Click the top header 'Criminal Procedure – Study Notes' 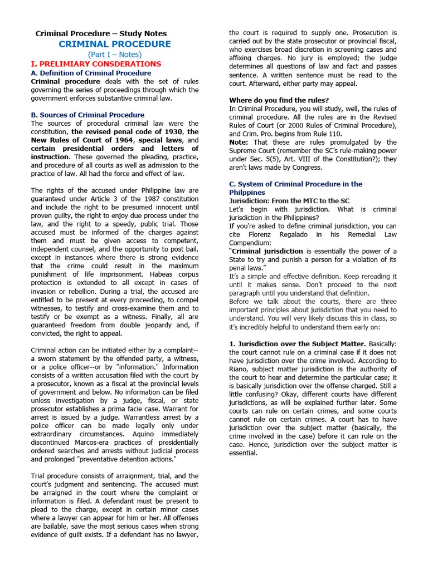coord(101,33)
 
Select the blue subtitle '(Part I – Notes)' coord(115,55)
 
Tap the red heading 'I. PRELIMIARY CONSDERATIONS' coord(96,64)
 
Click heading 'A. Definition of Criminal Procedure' coord(91,73)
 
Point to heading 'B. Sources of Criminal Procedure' coord(87,115)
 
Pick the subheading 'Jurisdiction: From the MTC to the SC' coord(290,201)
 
